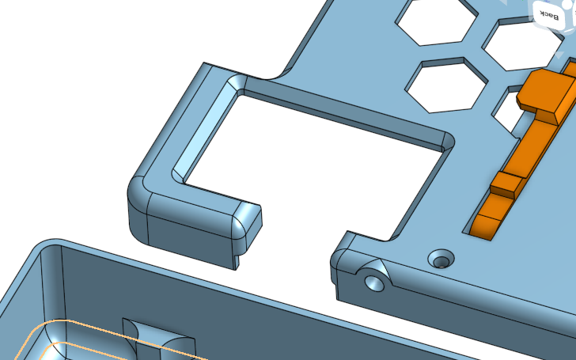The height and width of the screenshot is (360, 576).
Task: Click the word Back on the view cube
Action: click(x=550, y=16)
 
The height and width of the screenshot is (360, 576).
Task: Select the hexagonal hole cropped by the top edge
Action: click(x=437, y=22)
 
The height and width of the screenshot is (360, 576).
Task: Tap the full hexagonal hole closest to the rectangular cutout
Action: click(x=446, y=85)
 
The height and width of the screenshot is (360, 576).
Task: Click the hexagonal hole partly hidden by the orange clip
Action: click(x=507, y=110)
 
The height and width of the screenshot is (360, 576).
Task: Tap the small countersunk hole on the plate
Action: click(x=441, y=259)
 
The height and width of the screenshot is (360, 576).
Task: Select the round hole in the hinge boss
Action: click(x=374, y=283)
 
